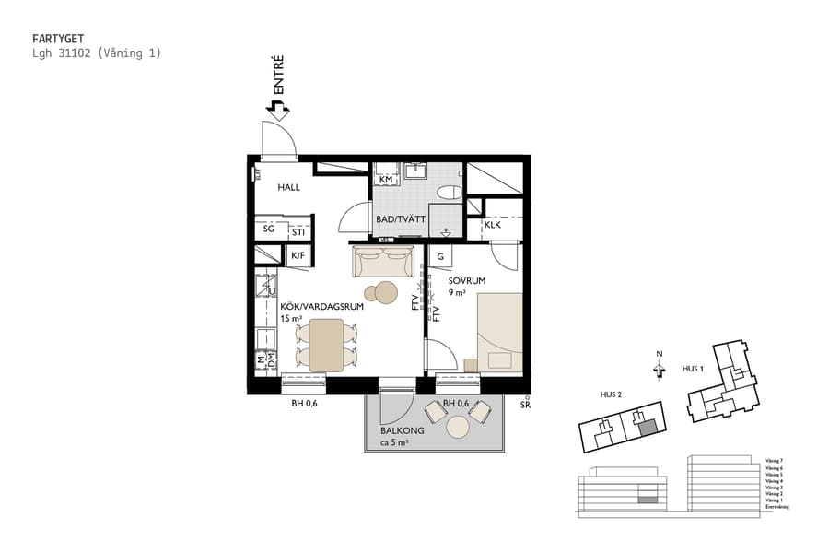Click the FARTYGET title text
(58, 39)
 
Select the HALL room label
(289, 187)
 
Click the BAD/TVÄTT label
(401, 220)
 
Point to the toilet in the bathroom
(449, 193)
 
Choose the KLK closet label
(492, 224)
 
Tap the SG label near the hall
(268, 229)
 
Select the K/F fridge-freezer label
(298, 256)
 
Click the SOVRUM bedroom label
(467, 280)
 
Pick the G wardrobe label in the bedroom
(440, 257)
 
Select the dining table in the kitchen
(326, 345)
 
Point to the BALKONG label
(402, 430)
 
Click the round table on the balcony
(458, 426)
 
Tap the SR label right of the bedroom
(525, 405)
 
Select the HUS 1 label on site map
(693, 368)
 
